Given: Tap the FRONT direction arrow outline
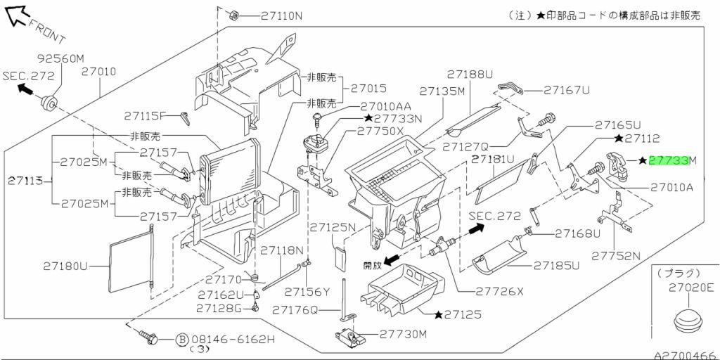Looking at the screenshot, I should (20, 15).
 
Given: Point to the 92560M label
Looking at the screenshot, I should (60, 58).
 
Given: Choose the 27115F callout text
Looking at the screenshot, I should (145, 116).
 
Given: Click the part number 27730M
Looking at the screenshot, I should (404, 334).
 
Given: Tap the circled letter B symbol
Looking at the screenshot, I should (181, 340).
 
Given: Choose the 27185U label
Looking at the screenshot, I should (556, 266).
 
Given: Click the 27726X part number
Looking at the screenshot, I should (500, 291).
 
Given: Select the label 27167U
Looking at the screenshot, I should (567, 90).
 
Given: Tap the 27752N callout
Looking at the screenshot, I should (616, 255).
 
